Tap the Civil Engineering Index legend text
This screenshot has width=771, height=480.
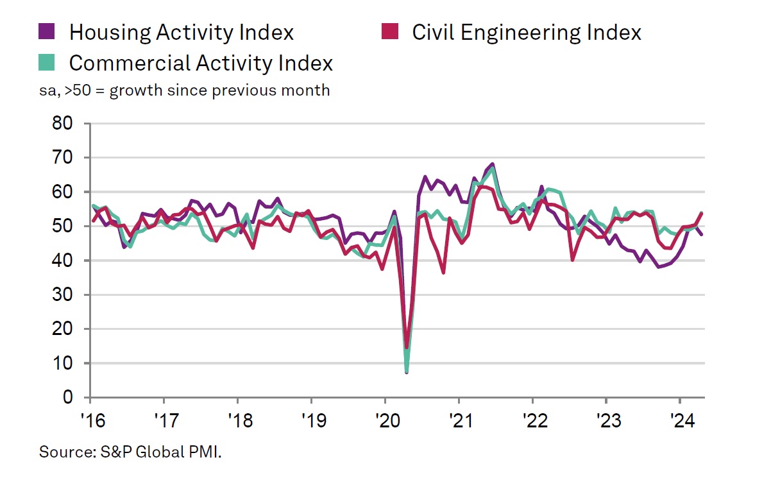pyautogui.click(x=526, y=31)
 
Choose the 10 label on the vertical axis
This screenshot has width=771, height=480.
pyautogui.click(x=65, y=364)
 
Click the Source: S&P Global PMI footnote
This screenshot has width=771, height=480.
pyautogui.click(x=130, y=452)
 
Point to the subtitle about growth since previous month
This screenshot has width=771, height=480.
pyautogui.click(x=184, y=90)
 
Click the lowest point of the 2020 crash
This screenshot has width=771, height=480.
pyautogui.click(x=406, y=372)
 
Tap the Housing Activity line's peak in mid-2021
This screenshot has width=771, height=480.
pyautogui.click(x=492, y=164)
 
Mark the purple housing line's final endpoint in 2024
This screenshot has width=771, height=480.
pyautogui.click(x=701, y=234)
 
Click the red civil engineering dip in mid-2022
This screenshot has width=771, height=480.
pyautogui.click(x=572, y=259)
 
